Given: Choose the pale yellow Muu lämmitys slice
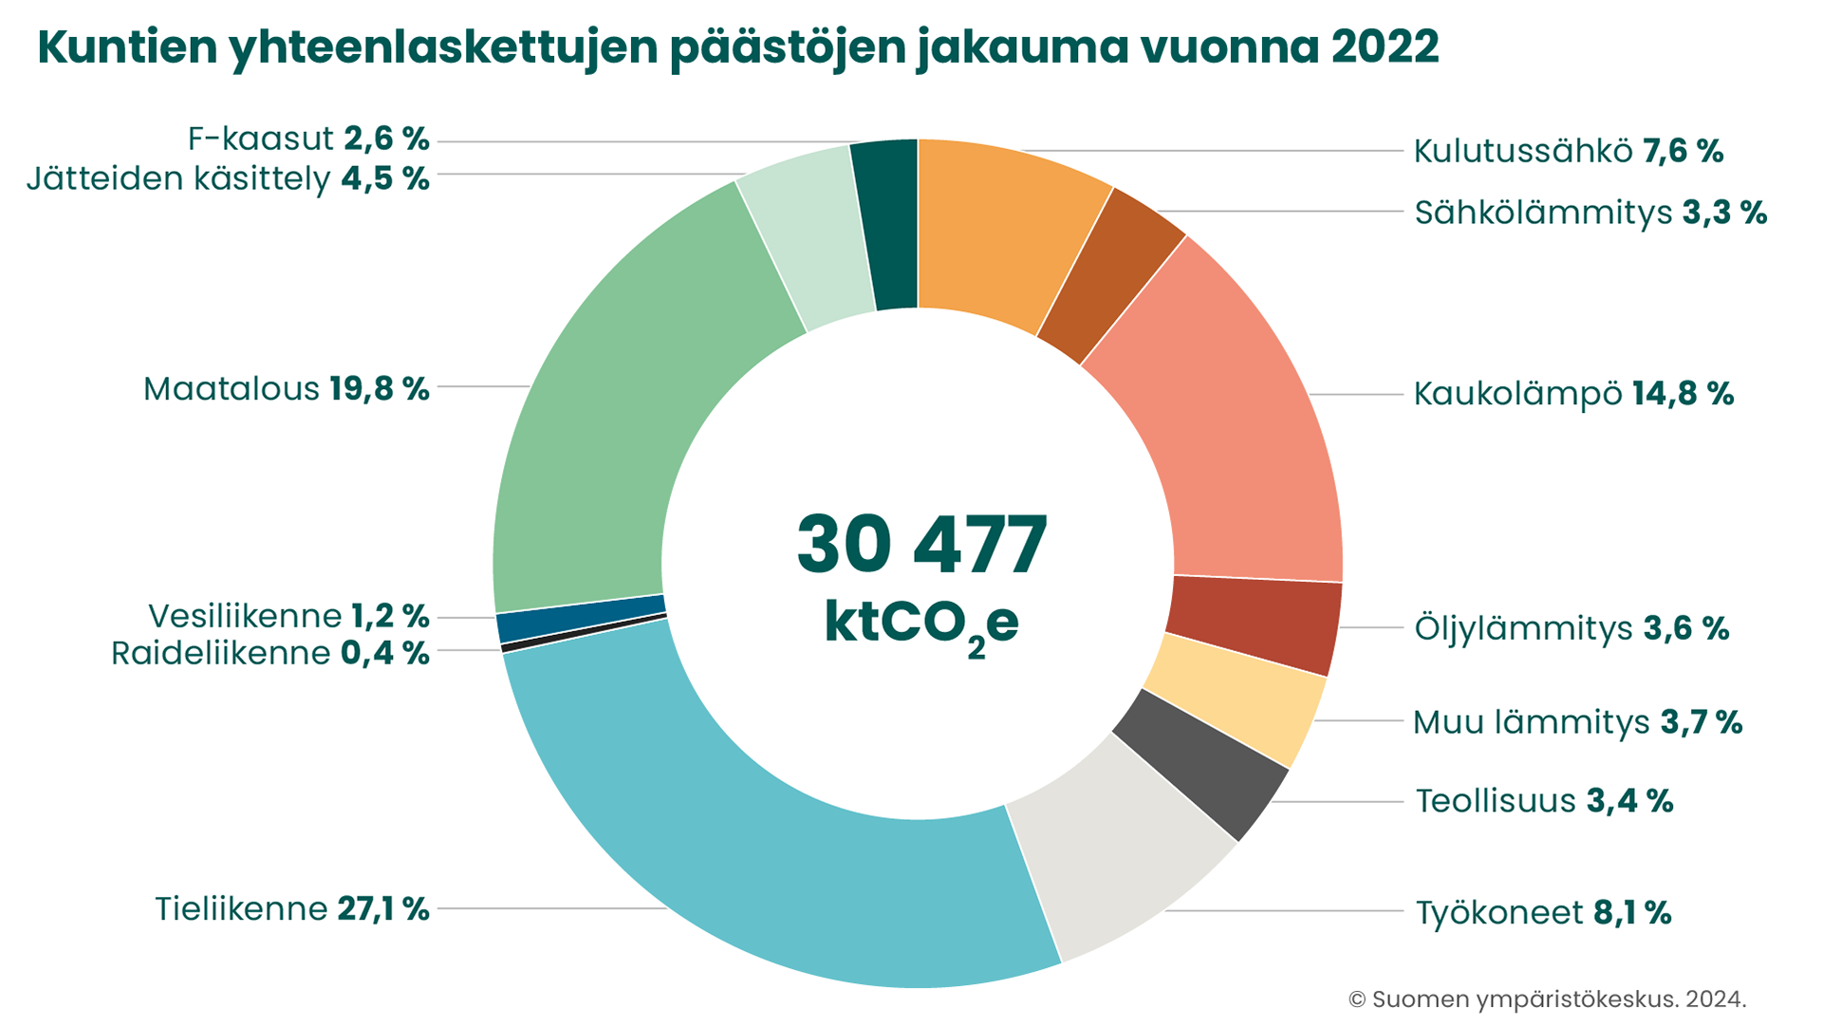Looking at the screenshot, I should click(x=1238, y=698).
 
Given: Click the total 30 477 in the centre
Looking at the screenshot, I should click(x=921, y=546).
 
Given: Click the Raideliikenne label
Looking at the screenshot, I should click(x=220, y=654).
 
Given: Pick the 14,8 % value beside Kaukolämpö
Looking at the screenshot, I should click(x=1683, y=394).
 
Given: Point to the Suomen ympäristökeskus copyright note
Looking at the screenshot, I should click(x=1547, y=999).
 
